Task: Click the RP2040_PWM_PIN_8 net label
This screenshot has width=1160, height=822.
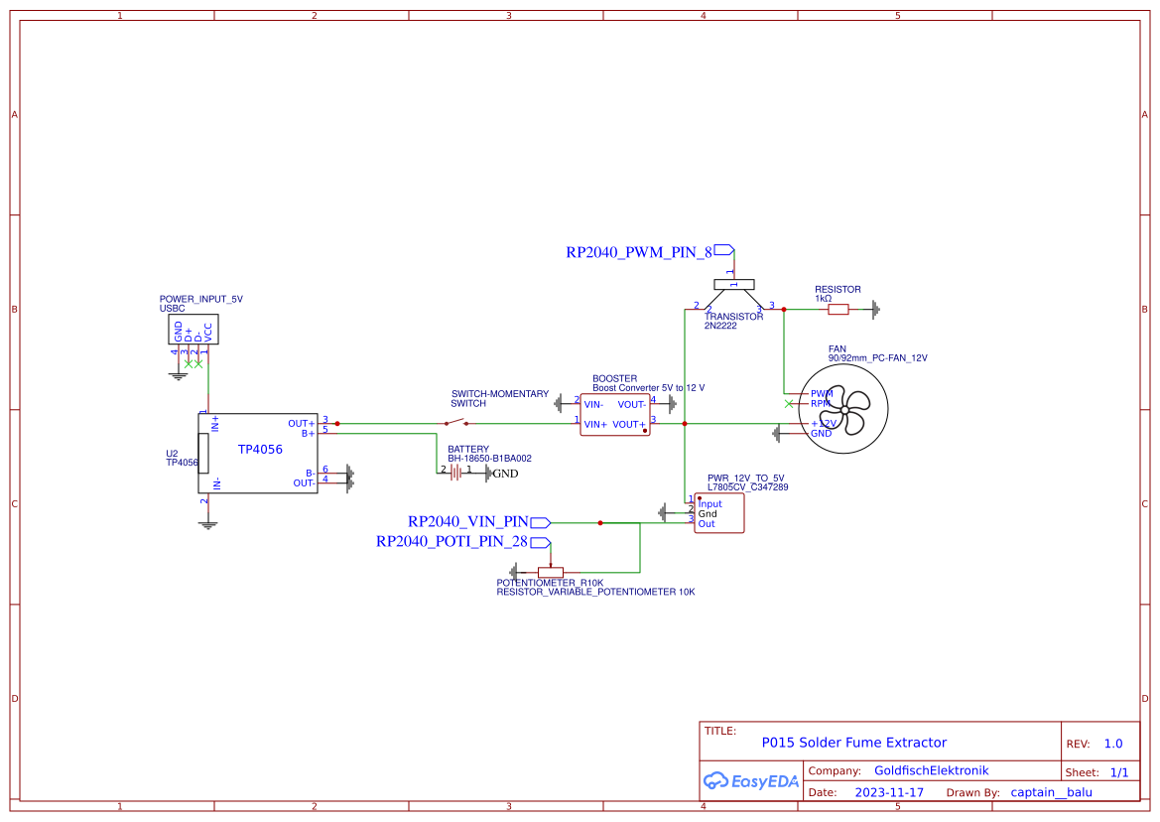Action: (639, 252)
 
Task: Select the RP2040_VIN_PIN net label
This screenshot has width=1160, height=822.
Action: (467, 522)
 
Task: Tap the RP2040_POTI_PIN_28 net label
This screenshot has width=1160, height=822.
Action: (451, 542)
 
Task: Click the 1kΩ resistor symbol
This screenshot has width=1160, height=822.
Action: (838, 310)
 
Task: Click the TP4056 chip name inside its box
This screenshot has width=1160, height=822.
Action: (260, 450)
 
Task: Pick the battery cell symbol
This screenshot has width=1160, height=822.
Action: (455, 473)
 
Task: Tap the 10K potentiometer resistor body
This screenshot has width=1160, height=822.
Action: (543, 572)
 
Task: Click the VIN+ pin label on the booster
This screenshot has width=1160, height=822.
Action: (595, 425)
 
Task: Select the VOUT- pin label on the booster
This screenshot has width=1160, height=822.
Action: (631, 404)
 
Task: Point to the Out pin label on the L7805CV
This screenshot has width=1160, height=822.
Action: (707, 524)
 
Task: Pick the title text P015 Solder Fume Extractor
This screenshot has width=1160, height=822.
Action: (853, 743)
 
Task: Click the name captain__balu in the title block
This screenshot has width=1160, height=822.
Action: (1051, 792)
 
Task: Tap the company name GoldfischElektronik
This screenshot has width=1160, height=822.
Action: (931, 770)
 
